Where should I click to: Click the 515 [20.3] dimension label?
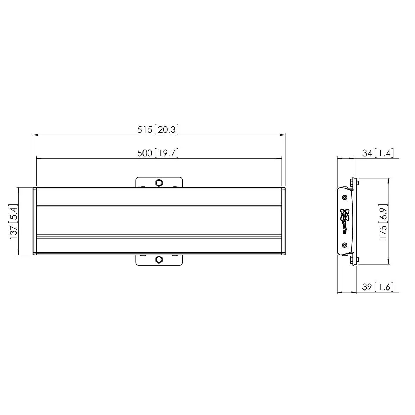(158, 129)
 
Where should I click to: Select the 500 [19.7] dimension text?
(158, 153)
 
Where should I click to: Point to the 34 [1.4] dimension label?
(378, 153)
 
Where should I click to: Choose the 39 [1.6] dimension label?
(378, 287)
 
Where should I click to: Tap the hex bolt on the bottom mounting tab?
(159, 259)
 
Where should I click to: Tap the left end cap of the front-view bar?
(35, 221)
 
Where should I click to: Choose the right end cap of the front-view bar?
(283, 221)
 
